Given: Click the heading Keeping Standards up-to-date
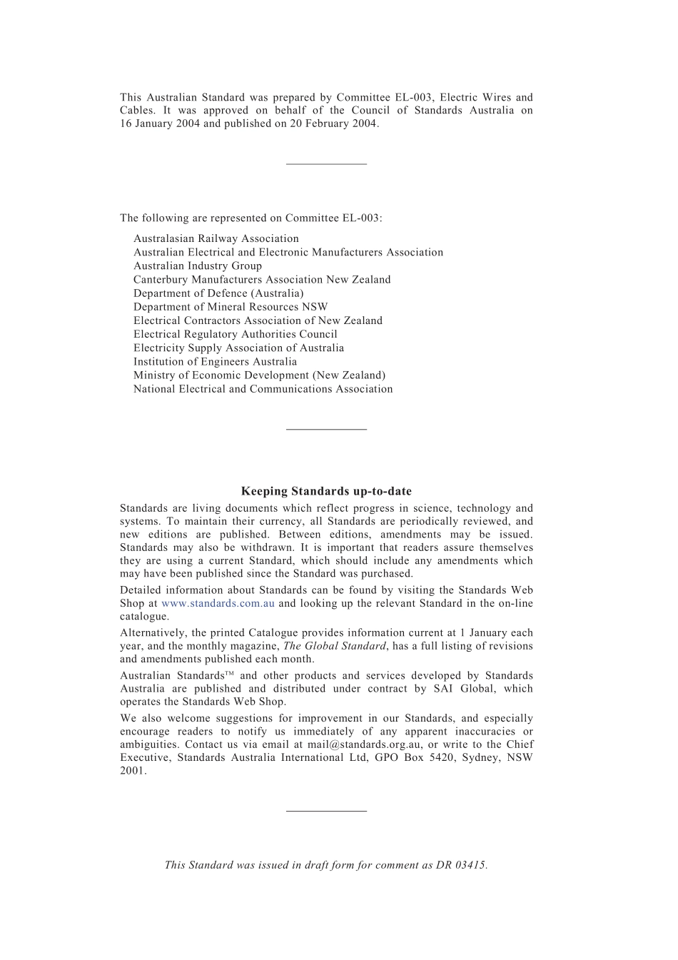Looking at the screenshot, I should [326, 491].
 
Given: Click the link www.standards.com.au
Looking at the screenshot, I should [218, 603].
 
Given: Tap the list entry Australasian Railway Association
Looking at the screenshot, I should [216, 238].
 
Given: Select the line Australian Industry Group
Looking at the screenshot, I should [197, 266].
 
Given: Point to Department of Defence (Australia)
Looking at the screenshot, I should [218, 293].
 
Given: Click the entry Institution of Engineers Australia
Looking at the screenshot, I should [215, 361].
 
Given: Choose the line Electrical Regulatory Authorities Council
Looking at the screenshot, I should [235, 334].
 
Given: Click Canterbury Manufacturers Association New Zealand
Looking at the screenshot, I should [262, 279].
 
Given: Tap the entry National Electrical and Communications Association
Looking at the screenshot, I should [263, 389].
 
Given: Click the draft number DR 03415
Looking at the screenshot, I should [461, 865].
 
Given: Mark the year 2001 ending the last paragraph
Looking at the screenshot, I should [132, 770].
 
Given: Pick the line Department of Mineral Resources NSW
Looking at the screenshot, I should [230, 307].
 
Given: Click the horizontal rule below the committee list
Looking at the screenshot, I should [326, 429].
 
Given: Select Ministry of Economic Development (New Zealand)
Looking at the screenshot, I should [259, 375].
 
